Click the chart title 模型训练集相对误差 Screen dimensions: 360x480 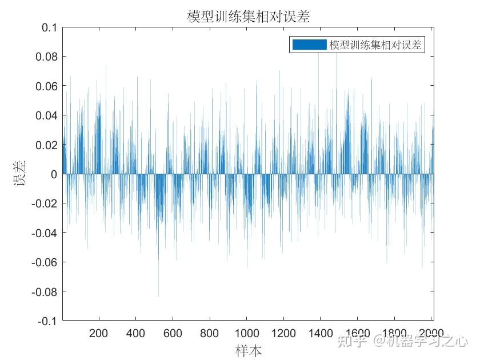[249, 17]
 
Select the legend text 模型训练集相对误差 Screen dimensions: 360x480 [375, 45]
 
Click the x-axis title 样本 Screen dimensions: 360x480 [249, 350]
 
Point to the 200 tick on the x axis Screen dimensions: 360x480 [99, 334]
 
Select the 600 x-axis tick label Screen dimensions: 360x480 [173, 334]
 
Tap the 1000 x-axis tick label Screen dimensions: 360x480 [246, 334]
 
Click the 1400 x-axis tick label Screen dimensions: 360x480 [320, 334]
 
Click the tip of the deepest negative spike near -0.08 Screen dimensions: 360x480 [158, 296]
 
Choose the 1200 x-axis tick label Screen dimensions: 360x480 [283, 334]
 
